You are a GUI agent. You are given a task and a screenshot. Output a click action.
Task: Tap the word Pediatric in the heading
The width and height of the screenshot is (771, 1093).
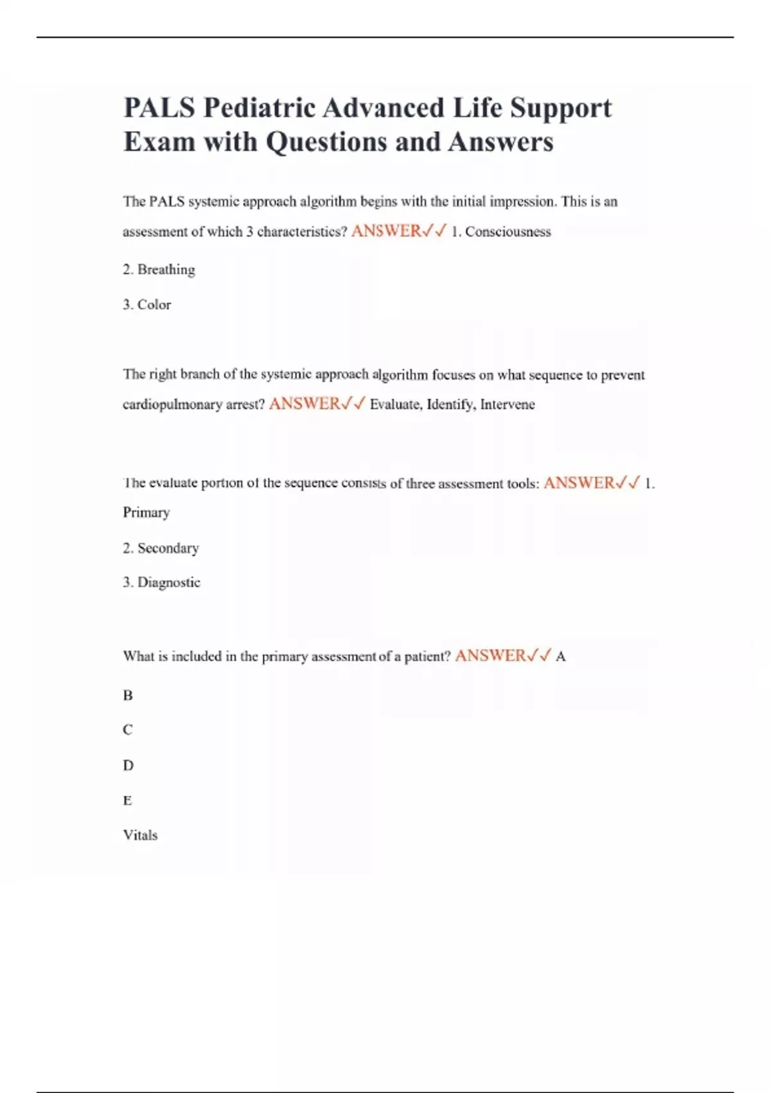[260, 108]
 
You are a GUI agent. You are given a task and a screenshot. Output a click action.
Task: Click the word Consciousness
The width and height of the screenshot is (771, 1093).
[508, 232]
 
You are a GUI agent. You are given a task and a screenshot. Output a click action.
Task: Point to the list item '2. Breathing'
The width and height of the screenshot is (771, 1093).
[159, 269]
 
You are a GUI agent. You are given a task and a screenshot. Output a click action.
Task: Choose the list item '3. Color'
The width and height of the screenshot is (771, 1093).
[147, 305]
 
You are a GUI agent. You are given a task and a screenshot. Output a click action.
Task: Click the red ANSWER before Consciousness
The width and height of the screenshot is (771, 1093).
[386, 231]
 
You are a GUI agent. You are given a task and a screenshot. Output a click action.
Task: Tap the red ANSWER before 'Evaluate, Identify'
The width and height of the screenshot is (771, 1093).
[305, 404]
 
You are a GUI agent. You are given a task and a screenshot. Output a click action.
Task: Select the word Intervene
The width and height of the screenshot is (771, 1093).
[508, 404]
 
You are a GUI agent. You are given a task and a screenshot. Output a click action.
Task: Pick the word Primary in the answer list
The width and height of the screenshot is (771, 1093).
[146, 512]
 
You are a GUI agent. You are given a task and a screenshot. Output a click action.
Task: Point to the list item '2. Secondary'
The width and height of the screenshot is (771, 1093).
[161, 548]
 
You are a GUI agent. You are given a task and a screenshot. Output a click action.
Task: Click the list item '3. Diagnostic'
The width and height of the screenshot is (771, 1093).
[161, 583]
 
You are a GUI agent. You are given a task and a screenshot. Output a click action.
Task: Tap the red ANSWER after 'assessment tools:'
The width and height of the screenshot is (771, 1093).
[579, 483]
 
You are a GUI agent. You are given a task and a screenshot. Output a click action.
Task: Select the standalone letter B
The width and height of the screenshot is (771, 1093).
[128, 696]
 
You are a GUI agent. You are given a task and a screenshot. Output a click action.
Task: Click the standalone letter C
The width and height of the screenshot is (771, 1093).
[128, 730]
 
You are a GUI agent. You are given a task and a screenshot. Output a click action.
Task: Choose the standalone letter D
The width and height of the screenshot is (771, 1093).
[128, 766]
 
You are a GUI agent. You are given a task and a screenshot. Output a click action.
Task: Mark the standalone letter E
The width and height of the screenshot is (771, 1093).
[128, 800]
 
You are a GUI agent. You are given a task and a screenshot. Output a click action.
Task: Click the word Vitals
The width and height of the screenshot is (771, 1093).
[140, 835]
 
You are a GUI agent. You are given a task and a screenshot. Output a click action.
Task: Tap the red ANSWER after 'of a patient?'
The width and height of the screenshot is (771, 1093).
[490, 656]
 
